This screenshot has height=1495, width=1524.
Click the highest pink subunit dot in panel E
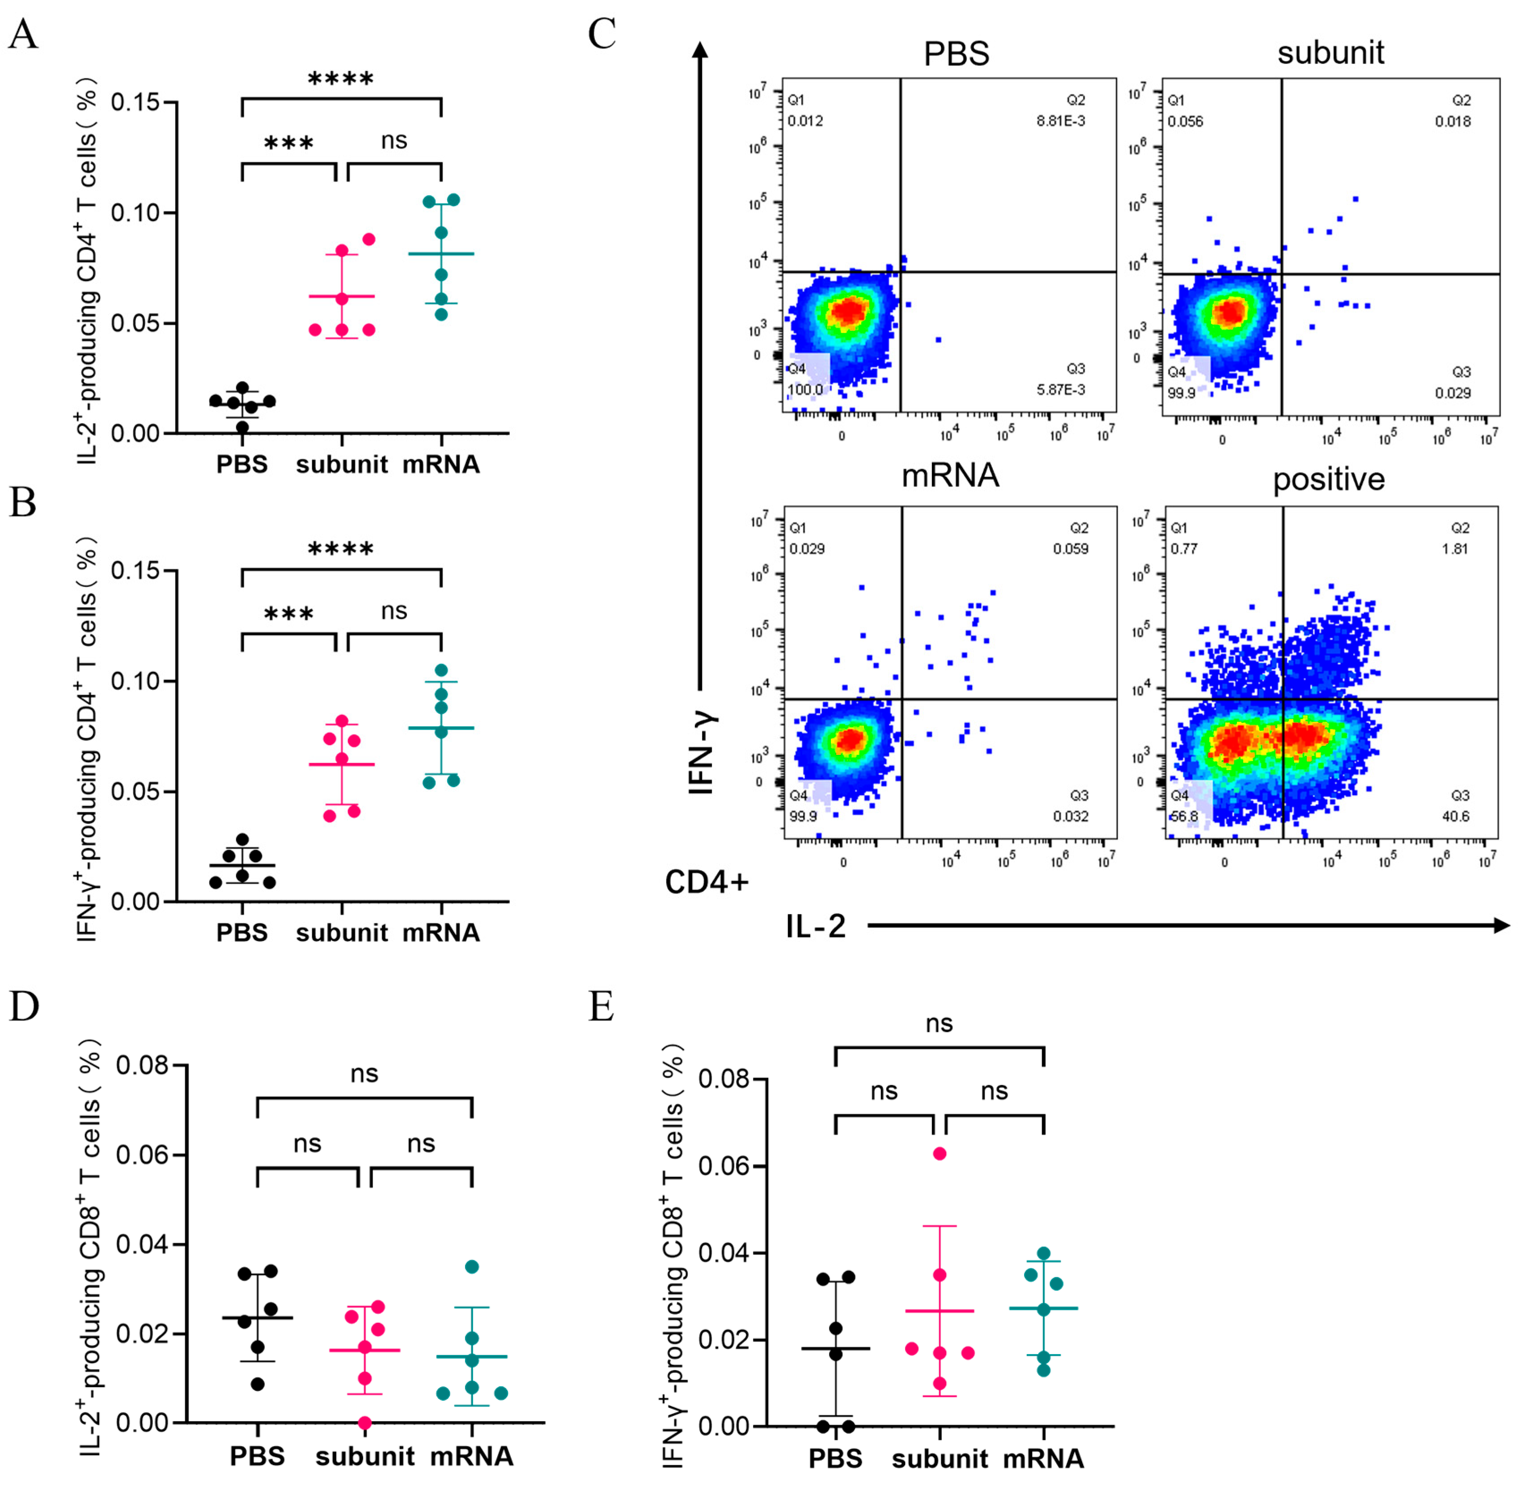coord(939,1153)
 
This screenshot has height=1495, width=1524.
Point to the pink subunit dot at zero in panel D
coord(364,1422)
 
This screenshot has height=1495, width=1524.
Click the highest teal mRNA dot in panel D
coord(472,1266)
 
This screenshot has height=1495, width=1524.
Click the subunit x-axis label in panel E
coord(939,1459)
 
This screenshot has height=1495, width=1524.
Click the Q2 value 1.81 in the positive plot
coord(1454,549)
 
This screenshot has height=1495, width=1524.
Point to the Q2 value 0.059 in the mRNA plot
coord(1070,549)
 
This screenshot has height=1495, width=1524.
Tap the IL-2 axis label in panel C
coord(815,927)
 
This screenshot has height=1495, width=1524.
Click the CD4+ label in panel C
coord(707,882)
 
